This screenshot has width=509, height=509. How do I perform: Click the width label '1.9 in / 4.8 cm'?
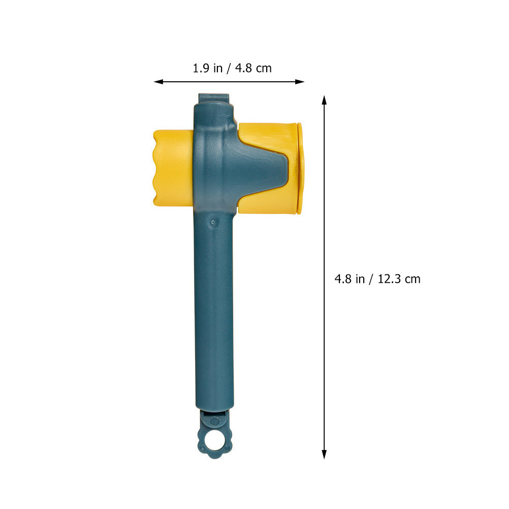[232, 68]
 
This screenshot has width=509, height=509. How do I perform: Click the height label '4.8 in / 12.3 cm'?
[377, 279]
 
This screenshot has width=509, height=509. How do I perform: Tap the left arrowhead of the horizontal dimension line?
[158, 82]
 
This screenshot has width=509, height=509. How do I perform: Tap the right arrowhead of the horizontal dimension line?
[300, 82]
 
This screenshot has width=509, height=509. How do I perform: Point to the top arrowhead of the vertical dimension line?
[324, 100]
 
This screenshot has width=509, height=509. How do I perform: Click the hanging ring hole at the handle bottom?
[214, 440]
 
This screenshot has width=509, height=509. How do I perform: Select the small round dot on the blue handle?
[213, 222]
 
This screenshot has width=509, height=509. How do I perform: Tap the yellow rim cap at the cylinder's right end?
[301, 168]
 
